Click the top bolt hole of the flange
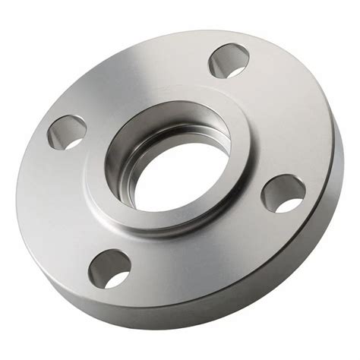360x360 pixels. (x=229, y=61)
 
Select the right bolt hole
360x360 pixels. (x=283, y=193)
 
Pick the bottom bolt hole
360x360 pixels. (x=109, y=268)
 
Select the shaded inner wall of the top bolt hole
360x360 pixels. (x=223, y=57)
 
